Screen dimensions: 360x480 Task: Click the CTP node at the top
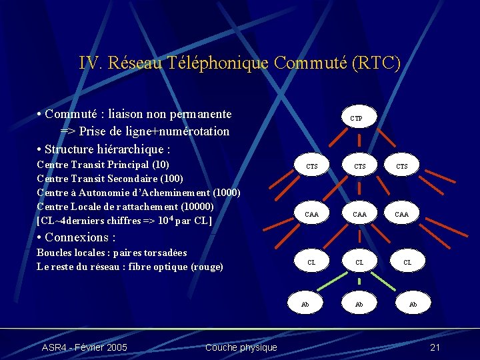357,118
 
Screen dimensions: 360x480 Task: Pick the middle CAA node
359,214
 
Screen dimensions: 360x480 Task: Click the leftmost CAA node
311,214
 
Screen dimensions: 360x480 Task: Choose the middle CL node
359,262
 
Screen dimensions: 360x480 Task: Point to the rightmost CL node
407,262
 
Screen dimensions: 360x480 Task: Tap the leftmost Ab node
305,304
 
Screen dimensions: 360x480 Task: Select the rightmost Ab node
413,304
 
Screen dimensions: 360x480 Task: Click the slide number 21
435,347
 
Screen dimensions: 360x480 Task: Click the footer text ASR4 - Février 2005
85,347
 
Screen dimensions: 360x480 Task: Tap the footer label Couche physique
241,347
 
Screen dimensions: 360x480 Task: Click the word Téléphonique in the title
217,63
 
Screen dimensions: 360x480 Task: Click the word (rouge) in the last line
207,267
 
